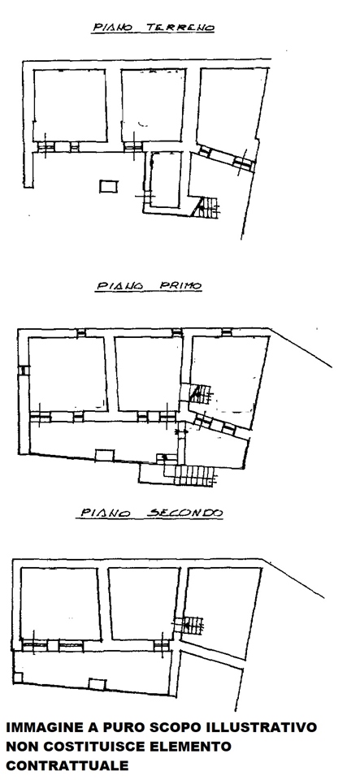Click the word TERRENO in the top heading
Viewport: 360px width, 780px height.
pyautogui.click(x=180, y=28)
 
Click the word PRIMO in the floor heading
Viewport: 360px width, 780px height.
pyautogui.click(x=180, y=286)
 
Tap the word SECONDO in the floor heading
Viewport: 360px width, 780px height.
pyautogui.click(x=185, y=513)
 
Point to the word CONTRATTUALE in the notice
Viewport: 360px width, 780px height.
pyautogui.click(x=67, y=765)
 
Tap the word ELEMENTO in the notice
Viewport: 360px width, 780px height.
pyautogui.click(x=189, y=746)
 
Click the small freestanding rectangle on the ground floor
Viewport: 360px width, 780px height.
pyautogui.click(x=108, y=186)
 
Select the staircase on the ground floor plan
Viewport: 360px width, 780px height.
pyautogui.click(x=207, y=207)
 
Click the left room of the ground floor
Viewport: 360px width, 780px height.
pyautogui.click(x=70, y=105)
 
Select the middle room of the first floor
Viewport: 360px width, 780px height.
pyautogui.click(x=150, y=374)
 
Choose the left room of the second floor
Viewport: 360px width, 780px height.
pyautogui.click(x=60, y=604)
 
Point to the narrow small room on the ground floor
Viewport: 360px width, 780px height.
pyautogui.click(x=166, y=180)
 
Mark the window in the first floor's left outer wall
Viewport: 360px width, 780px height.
pyautogui.click(x=23, y=370)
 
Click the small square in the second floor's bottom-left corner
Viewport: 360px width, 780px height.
pyautogui.click(x=18, y=678)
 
